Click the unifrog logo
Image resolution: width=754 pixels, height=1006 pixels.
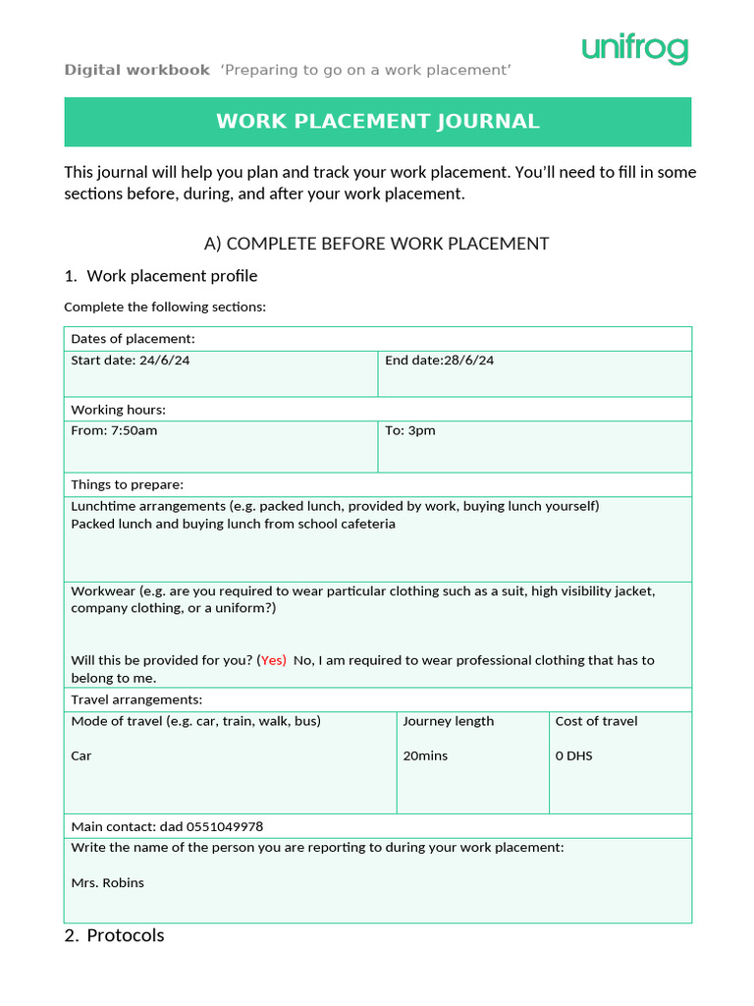(x=634, y=48)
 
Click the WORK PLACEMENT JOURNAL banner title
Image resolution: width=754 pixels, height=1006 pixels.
(x=377, y=122)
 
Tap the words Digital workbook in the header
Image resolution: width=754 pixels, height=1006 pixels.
(x=136, y=70)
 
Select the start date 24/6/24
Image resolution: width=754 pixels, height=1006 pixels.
(x=164, y=361)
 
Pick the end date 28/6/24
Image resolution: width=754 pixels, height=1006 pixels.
(x=468, y=361)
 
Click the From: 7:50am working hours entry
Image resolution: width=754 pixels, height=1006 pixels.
(x=114, y=430)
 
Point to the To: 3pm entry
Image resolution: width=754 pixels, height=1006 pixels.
(x=410, y=430)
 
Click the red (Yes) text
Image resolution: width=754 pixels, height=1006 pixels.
(x=272, y=660)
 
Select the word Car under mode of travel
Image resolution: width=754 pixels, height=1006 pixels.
(x=81, y=755)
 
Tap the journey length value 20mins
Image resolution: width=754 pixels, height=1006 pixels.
(x=425, y=755)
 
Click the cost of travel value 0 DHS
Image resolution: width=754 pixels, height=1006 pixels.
(x=573, y=755)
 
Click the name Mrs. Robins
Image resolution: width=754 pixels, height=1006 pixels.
(x=107, y=882)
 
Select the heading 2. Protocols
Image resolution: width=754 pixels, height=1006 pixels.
(x=114, y=935)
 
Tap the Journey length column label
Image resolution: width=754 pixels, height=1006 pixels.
(x=448, y=721)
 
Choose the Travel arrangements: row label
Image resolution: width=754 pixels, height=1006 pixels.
(x=136, y=699)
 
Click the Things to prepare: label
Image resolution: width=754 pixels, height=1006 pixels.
(x=127, y=484)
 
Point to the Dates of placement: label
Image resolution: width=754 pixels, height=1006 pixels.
(x=133, y=339)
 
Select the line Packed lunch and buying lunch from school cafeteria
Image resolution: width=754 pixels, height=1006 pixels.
(x=233, y=524)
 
